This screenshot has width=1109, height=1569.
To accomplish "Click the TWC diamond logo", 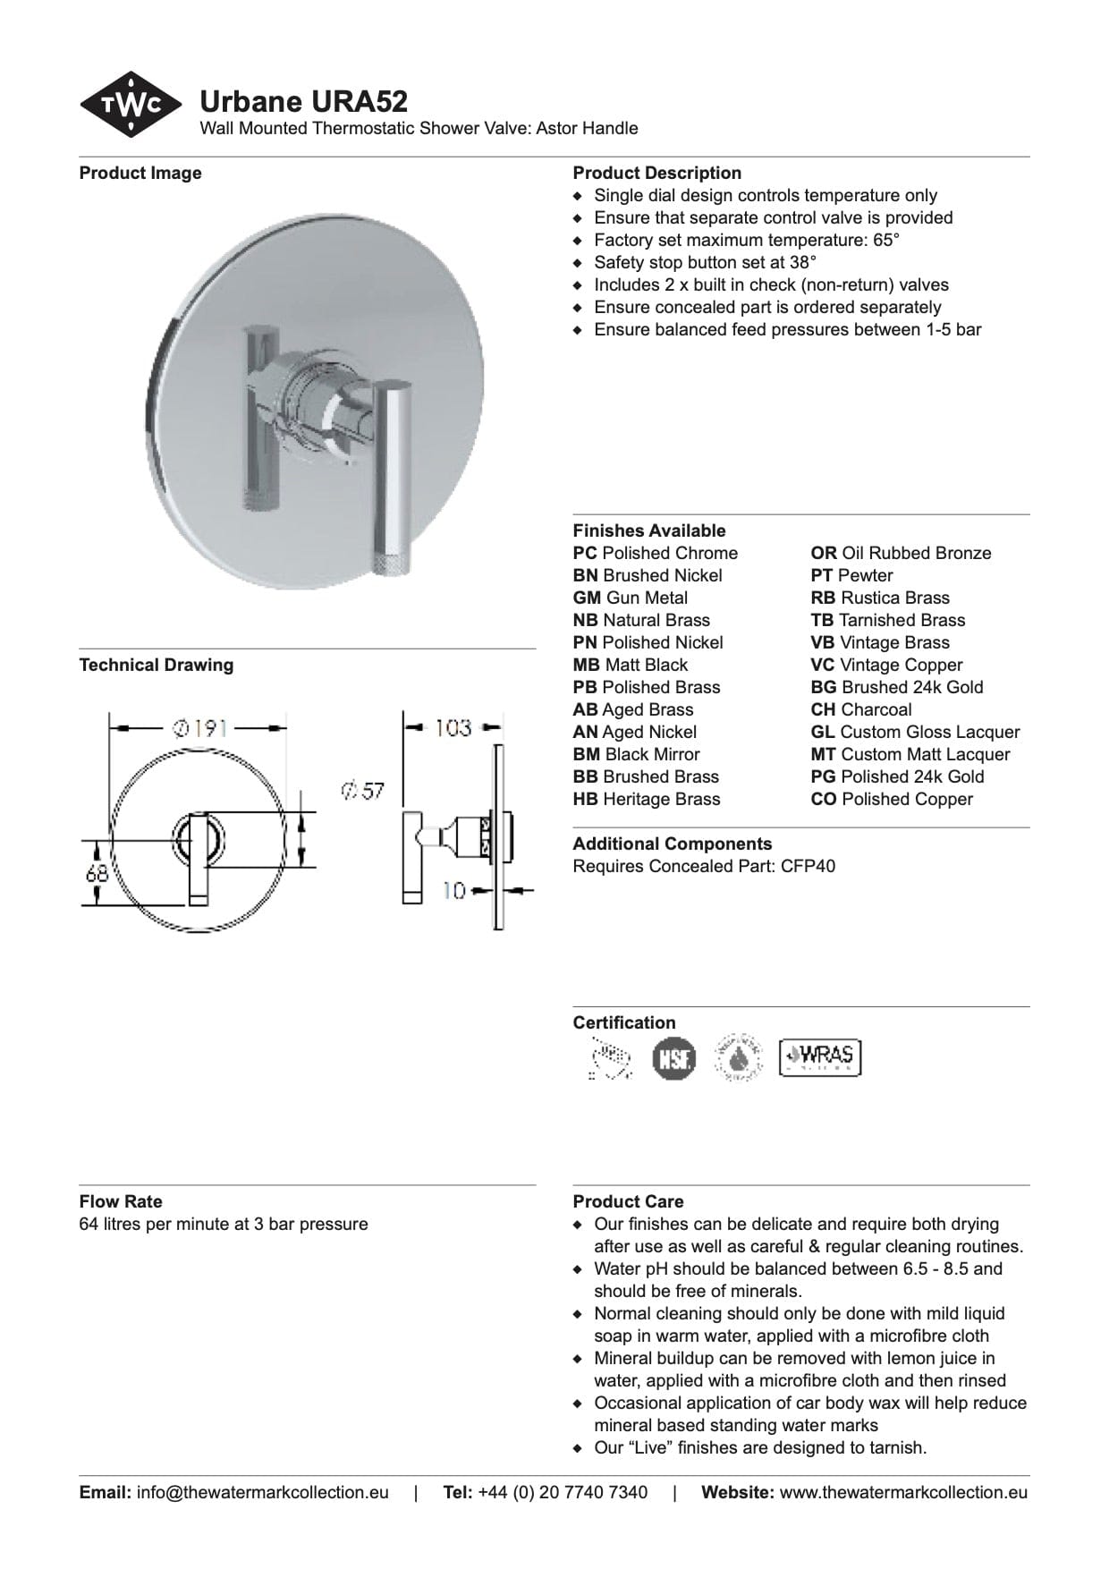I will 131,105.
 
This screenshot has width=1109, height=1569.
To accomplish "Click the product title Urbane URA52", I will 303,101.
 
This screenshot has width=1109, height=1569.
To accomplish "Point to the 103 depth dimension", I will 453,727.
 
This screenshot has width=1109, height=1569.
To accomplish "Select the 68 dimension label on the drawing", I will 97,872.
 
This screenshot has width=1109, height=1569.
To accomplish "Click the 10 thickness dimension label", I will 454,891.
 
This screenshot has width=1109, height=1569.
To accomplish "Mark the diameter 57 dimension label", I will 363,791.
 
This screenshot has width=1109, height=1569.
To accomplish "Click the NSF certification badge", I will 673,1058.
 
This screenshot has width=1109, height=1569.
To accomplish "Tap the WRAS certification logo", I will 819,1056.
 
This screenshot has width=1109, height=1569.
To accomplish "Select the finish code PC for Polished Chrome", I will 585,554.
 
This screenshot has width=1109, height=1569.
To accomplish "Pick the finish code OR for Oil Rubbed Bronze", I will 823,554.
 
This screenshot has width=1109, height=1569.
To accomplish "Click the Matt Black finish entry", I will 631,666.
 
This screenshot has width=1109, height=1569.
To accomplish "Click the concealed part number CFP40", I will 808,866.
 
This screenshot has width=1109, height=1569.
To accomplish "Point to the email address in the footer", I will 262,1492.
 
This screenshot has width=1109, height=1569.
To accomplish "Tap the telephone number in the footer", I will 563,1492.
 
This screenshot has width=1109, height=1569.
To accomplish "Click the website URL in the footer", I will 903,1492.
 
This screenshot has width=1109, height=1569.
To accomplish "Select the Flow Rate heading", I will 121,1201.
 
